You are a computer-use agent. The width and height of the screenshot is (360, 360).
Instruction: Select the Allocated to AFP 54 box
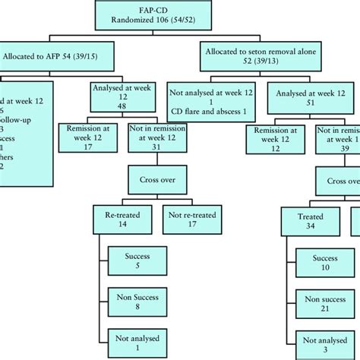coord(58,56)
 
